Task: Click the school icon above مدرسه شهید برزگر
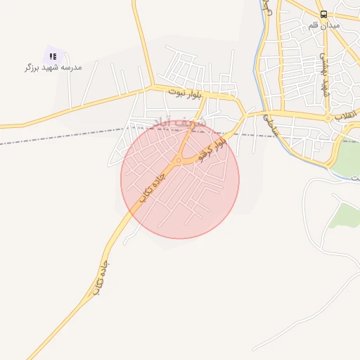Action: (x=53, y=56)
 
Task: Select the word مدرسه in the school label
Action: (x=71, y=67)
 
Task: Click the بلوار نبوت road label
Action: (x=188, y=91)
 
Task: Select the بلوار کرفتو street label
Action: (x=211, y=148)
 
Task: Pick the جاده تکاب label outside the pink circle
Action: (x=101, y=277)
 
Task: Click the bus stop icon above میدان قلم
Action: (x=323, y=14)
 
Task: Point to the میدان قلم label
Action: (x=323, y=25)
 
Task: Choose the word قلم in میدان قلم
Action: (x=314, y=25)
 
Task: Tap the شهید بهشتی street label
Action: (x=324, y=77)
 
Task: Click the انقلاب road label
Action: (x=348, y=115)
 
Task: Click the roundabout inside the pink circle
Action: (x=179, y=161)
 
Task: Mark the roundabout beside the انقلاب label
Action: (x=328, y=119)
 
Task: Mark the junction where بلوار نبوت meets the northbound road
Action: (x=152, y=87)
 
